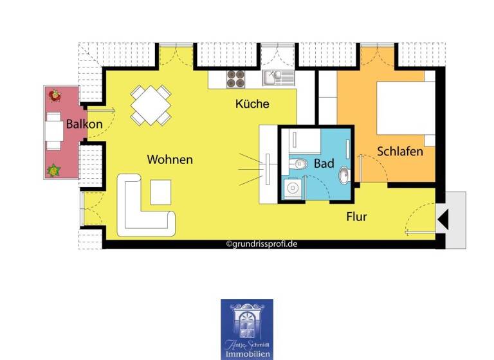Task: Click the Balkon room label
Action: click(84, 123)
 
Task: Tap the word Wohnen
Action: click(170, 159)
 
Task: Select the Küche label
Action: click(252, 104)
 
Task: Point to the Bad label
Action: click(324, 164)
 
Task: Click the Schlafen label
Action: click(399, 152)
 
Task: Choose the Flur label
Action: click(356, 217)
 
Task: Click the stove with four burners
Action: click(235, 78)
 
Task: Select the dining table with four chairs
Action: click(151, 105)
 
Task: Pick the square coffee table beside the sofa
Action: click(161, 192)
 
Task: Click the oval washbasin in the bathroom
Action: click(344, 174)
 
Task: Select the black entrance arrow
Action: click(443, 220)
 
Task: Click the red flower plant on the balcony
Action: click(55, 95)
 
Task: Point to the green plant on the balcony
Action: click(53, 171)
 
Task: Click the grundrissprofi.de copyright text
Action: click(261, 244)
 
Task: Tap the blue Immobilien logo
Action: click(247, 328)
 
